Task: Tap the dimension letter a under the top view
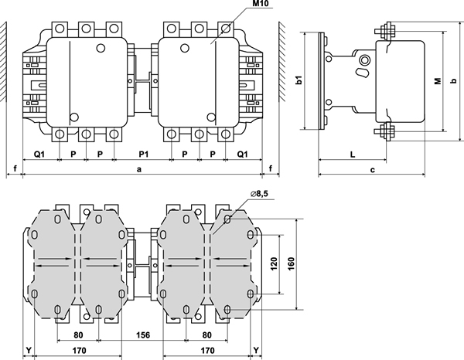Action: [x=139, y=168]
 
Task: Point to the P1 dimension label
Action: [x=144, y=154]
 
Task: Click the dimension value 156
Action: [x=144, y=336]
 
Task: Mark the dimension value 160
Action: [x=290, y=263]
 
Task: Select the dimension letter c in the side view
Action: [x=372, y=168]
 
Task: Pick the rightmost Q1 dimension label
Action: [x=242, y=154]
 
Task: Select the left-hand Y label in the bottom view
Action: [x=28, y=350]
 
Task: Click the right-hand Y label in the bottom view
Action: [x=257, y=350]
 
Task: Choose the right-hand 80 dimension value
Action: [x=207, y=336]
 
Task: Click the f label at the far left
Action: [x=15, y=168]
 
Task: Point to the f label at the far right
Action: [x=271, y=168]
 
